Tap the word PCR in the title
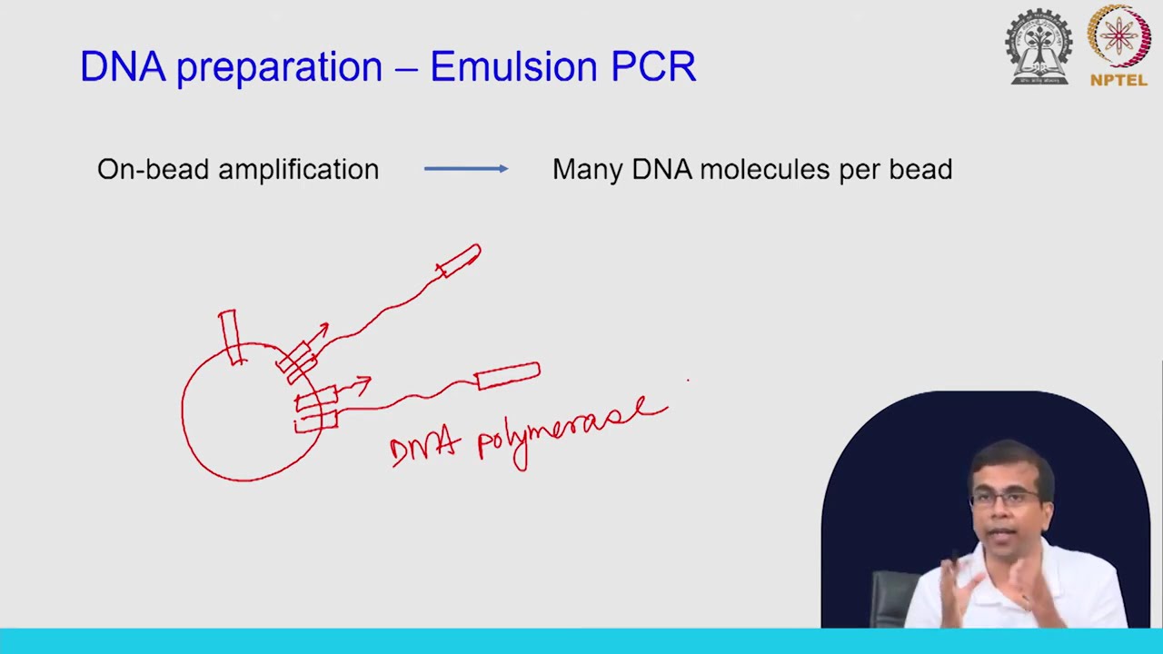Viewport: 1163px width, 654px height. point(653,67)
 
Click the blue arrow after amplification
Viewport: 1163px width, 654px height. point(466,169)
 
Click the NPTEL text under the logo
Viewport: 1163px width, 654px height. point(1119,80)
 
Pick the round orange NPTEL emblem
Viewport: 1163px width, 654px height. point(1119,36)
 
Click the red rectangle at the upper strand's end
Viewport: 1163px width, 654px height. point(459,260)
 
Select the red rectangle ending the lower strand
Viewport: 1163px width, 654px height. point(508,375)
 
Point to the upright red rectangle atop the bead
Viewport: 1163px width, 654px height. point(229,336)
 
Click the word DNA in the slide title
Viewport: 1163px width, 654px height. point(123,67)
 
